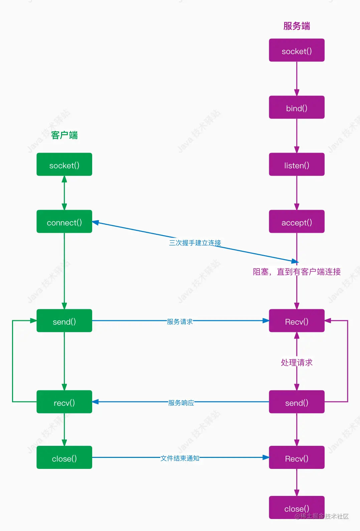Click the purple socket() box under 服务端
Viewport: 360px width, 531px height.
[297, 50]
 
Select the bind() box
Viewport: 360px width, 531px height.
[297, 107]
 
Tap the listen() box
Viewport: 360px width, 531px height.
[297, 164]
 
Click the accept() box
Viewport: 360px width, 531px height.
[297, 221]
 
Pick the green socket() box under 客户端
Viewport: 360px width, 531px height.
[64, 164]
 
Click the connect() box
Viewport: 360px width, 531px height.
[64, 221]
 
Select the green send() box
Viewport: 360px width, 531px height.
[64, 321]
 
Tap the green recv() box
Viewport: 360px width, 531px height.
[64, 402]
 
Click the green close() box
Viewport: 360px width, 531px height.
[64, 458]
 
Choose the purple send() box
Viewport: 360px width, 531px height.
[297, 402]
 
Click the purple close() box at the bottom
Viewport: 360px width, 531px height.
[297, 507]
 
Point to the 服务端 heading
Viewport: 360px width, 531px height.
[297, 26]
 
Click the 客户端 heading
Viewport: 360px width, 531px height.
[64, 135]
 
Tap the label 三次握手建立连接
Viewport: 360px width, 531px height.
[195, 243]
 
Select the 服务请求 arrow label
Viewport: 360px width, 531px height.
[180, 322]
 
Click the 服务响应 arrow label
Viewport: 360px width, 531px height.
[181, 403]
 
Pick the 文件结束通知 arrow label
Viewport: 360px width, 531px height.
[180, 458]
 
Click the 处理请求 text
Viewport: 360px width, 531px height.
[297, 362]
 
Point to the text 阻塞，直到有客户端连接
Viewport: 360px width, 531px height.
[297, 272]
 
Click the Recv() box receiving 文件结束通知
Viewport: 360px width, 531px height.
[297, 458]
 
